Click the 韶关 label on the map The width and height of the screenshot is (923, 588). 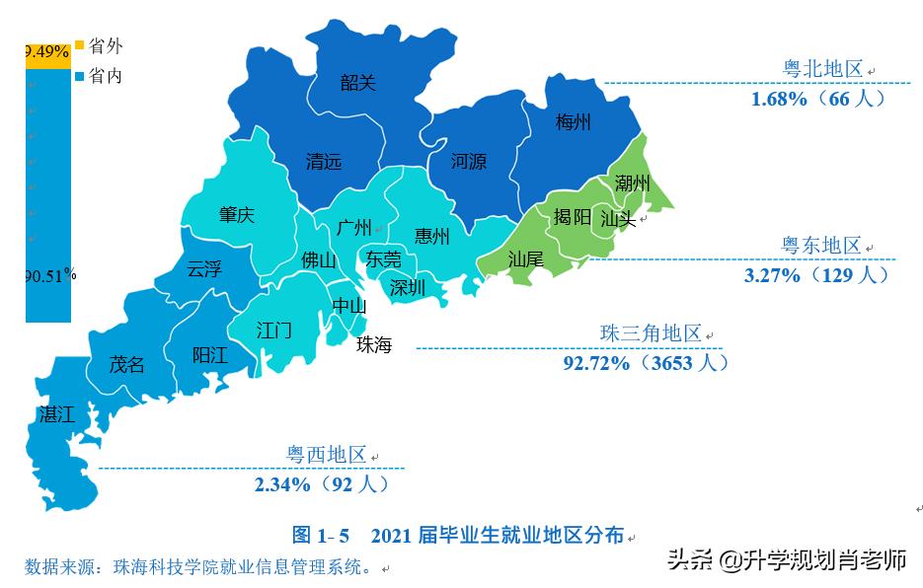(x=358, y=83)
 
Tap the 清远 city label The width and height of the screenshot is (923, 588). (x=324, y=161)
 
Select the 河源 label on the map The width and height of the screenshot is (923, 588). (x=469, y=161)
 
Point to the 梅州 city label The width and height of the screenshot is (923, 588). (x=574, y=122)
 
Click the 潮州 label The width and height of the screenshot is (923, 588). (x=632, y=184)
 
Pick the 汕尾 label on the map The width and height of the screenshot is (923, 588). (x=525, y=259)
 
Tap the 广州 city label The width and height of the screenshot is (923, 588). (x=353, y=228)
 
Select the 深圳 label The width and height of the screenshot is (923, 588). (x=408, y=287)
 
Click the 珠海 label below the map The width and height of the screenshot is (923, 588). (x=374, y=345)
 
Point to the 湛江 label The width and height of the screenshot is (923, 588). (x=56, y=414)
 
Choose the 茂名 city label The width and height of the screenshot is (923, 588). (x=126, y=364)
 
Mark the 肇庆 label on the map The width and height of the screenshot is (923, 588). (x=237, y=215)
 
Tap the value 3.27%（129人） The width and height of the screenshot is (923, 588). (x=816, y=275)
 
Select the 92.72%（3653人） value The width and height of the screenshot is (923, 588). (x=647, y=363)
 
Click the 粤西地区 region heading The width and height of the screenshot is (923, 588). (x=326, y=455)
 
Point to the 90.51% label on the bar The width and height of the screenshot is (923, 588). (x=49, y=276)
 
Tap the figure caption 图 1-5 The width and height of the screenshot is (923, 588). (x=321, y=536)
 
